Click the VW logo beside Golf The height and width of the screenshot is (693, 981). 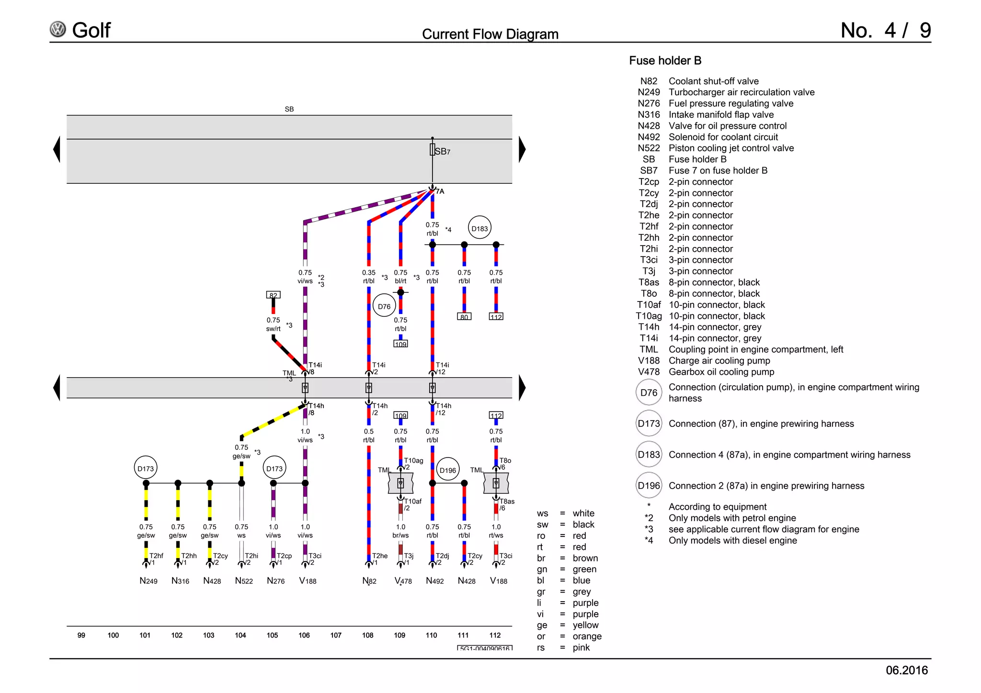[x=58, y=30]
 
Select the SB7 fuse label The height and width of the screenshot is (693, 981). [x=442, y=151]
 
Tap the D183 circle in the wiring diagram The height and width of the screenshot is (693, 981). [x=479, y=228]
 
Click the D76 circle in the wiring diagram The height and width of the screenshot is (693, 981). [x=384, y=306]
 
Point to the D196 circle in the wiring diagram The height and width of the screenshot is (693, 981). [x=448, y=470]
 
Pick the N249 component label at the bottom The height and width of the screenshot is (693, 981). [x=148, y=581]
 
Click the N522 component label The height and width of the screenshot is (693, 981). [x=244, y=581]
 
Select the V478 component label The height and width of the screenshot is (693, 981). [x=403, y=581]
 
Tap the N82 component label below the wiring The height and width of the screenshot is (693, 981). [x=369, y=581]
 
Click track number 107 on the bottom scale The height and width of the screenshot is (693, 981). [x=336, y=635]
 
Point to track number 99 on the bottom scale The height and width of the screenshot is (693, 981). [x=81, y=635]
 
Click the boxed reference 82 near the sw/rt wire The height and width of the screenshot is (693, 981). [x=273, y=295]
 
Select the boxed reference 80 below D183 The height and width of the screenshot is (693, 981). [x=464, y=316]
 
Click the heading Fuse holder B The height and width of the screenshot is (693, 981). [x=665, y=61]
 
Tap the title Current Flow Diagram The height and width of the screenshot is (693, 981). [x=490, y=34]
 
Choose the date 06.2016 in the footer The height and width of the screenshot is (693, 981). [x=906, y=670]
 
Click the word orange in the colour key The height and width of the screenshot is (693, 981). [x=587, y=636]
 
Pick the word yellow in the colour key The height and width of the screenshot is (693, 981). [x=585, y=625]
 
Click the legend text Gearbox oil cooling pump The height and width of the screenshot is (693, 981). [x=721, y=372]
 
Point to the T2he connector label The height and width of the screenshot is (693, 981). [x=380, y=556]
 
